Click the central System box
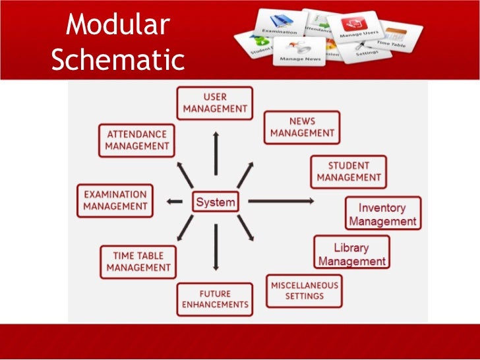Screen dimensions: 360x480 (x=216, y=202)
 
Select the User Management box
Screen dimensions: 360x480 (x=215, y=103)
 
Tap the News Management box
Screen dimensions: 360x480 (x=302, y=127)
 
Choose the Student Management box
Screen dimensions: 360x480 (x=349, y=171)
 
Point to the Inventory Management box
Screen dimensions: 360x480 (x=382, y=214)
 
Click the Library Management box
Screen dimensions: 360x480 (x=351, y=255)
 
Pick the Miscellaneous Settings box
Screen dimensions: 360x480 (x=304, y=291)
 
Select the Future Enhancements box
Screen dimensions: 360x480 (x=215, y=299)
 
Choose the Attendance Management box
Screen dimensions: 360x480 (x=138, y=140)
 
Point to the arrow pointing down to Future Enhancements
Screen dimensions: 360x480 (x=216, y=247)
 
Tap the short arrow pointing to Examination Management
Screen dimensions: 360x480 (x=174, y=201)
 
